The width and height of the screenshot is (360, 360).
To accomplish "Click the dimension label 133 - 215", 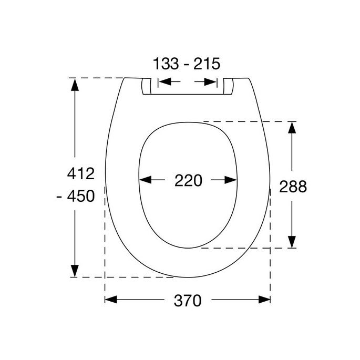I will point(187,64).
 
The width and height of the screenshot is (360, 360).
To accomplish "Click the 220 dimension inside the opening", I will point(188,180).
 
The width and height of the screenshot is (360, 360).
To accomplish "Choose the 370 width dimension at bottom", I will point(188,300).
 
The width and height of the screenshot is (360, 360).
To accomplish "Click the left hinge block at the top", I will point(147,86).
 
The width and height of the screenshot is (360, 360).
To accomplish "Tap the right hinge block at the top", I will point(228,86).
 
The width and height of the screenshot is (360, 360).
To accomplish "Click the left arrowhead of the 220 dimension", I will point(145,180).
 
